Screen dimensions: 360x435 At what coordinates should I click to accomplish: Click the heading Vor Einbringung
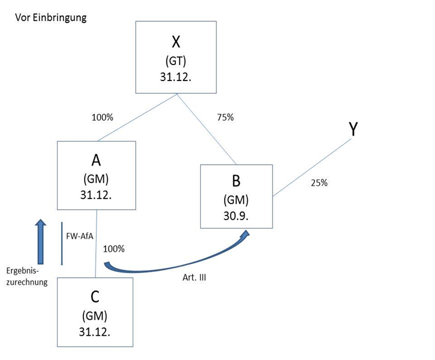point(51,17)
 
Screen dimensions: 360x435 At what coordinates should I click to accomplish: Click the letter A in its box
point(97,160)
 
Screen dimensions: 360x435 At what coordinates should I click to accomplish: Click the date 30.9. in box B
point(236,215)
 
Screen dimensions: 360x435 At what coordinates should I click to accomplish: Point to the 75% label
point(225,117)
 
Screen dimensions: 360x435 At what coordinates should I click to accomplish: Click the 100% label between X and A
point(102,117)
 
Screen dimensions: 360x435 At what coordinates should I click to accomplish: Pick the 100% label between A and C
point(114,249)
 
